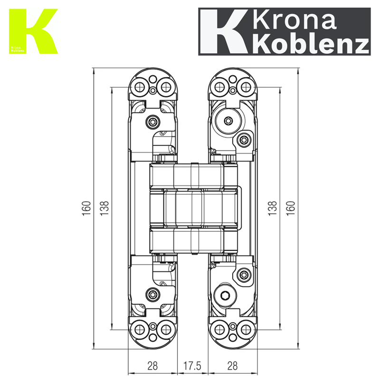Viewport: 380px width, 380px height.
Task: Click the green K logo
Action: coord(33,31)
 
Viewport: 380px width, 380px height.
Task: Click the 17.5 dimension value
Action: coord(192,366)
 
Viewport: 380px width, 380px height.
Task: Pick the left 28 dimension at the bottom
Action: coord(152,366)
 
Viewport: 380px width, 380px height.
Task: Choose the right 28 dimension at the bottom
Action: coord(233,366)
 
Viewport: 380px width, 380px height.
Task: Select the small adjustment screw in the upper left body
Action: coord(152,122)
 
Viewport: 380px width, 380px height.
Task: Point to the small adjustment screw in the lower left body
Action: coord(152,294)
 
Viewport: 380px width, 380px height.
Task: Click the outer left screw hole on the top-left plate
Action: coord(140,86)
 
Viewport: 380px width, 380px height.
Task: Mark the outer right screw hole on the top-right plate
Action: coord(245,86)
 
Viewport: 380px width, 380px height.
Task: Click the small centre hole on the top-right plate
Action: coord(232,90)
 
